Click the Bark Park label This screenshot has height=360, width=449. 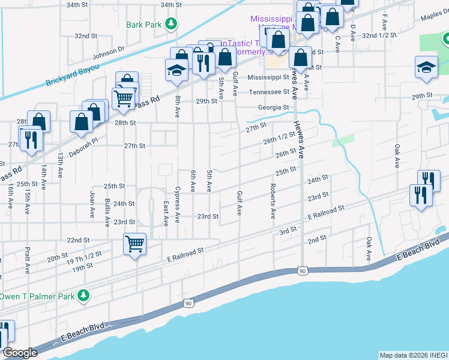click(144, 25)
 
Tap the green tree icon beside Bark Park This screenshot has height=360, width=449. click(172, 24)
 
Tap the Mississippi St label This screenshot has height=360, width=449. click(268, 77)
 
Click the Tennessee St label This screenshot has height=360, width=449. click(269, 92)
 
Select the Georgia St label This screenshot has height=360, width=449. click(274, 107)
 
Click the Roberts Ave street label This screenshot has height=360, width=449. click(273, 205)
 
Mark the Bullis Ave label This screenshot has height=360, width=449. click(107, 212)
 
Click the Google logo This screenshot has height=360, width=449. click(19, 353)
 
